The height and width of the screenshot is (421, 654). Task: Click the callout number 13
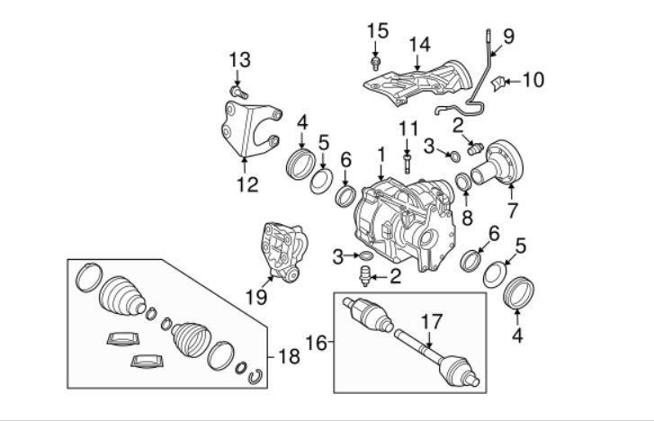click(x=240, y=59)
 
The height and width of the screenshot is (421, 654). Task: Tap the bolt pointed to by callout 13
click(x=238, y=92)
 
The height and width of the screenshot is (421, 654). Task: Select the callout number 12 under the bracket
click(x=247, y=184)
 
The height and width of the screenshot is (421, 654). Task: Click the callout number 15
click(x=378, y=31)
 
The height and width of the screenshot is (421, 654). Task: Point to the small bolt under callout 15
click(x=376, y=64)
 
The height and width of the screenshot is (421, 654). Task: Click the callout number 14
click(x=419, y=45)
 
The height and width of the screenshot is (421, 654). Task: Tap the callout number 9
click(x=509, y=36)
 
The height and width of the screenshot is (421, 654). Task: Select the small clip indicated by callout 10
click(x=498, y=84)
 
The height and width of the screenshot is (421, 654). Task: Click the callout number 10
click(x=533, y=79)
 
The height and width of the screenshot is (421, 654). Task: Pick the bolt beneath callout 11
click(x=408, y=163)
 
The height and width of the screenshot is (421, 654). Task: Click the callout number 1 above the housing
click(x=381, y=155)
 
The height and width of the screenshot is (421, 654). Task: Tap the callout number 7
click(x=512, y=210)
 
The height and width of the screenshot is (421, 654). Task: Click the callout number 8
click(x=467, y=218)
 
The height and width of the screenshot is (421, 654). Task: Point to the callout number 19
click(x=256, y=298)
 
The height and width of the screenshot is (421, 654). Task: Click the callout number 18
click(x=289, y=357)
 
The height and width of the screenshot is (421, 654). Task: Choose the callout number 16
click(x=317, y=343)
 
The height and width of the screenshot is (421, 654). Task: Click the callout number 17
click(x=431, y=322)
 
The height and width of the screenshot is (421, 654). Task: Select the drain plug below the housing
click(x=365, y=276)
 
